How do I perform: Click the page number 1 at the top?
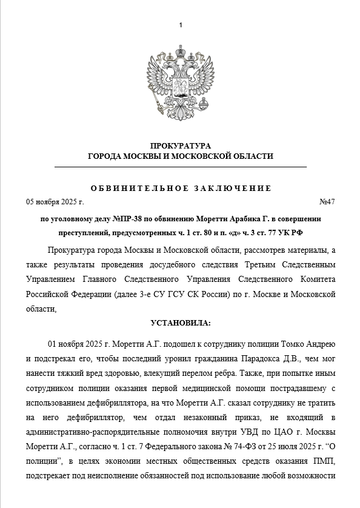pyautogui.click(x=181, y=24)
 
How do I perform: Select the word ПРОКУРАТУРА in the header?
pyautogui.click(x=181, y=146)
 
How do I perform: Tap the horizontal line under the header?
pyautogui.click(x=181, y=166)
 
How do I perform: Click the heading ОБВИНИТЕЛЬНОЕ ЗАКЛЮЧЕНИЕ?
pyautogui.click(x=181, y=188)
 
